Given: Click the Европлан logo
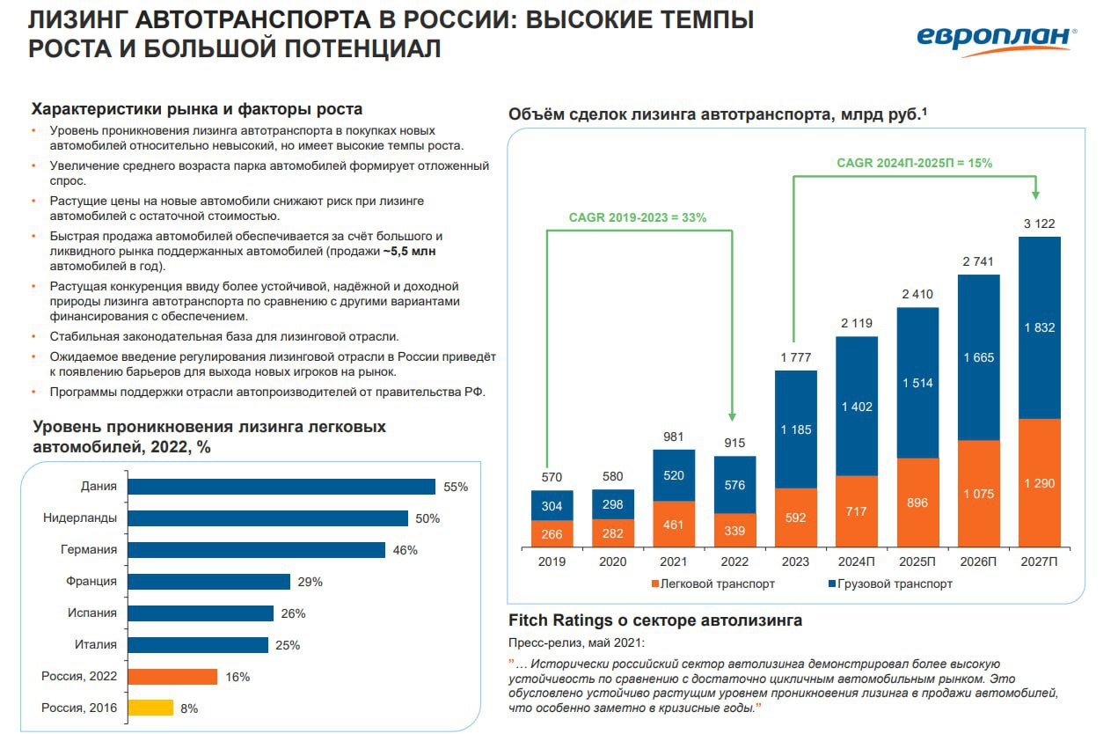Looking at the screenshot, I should pyautogui.click(x=996, y=38).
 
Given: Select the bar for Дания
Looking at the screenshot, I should pyautogui.click(x=281, y=487).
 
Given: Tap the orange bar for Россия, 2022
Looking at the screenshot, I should pyautogui.click(x=172, y=677).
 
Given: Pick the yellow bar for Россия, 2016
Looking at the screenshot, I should pyautogui.click(x=150, y=708).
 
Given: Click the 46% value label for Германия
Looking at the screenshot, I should pyautogui.click(x=406, y=550).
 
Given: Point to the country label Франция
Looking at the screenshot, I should pyautogui.click(x=91, y=582).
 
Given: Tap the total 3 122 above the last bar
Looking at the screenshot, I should pyautogui.click(x=1039, y=224).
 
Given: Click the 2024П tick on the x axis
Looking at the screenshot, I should pyautogui.click(x=857, y=562).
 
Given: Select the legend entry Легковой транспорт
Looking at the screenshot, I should pyautogui.click(x=712, y=584).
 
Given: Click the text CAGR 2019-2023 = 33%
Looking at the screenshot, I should pyautogui.click(x=638, y=217).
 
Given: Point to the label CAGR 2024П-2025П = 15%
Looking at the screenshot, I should pyautogui.click(x=915, y=163).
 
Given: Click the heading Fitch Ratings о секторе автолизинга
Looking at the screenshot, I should pyautogui.click(x=655, y=620).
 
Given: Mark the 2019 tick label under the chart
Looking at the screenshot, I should pyautogui.click(x=552, y=562).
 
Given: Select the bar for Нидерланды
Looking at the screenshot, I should pyautogui.click(x=268, y=518).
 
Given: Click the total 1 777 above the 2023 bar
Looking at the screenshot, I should pyautogui.click(x=795, y=357).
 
